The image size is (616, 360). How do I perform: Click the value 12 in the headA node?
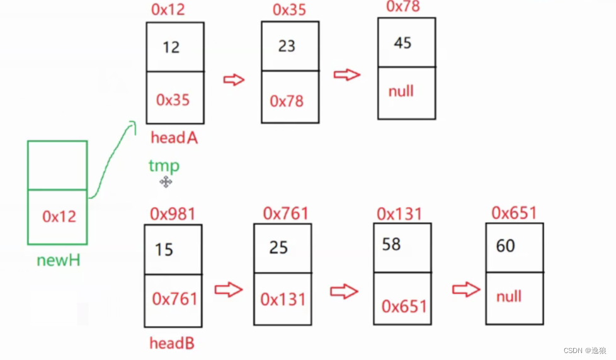(x=171, y=47)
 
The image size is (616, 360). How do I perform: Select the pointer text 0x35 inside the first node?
(x=173, y=99)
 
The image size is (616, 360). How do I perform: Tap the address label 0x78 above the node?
(x=402, y=6)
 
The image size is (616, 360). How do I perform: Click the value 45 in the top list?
(x=402, y=43)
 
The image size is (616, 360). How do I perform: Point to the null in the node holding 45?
(x=401, y=91)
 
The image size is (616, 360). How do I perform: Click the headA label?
(x=174, y=137)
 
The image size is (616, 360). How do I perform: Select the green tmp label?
(x=164, y=166)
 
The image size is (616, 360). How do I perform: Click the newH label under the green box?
(x=59, y=260)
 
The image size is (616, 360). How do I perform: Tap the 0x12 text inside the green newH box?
(x=59, y=217)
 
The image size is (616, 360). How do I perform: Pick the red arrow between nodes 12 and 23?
(x=234, y=80)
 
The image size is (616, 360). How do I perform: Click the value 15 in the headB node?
(x=164, y=250)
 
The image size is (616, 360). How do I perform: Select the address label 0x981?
(x=173, y=213)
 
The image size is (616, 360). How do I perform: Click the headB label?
(x=171, y=343)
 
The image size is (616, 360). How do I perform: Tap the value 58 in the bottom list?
(x=391, y=244)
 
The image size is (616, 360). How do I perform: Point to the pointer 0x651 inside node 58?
(x=404, y=307)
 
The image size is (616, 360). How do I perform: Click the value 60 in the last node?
(x=506, y=246)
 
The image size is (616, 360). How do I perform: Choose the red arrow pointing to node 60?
(x=466, y=290)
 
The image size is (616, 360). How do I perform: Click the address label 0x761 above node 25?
(x=285, y=213)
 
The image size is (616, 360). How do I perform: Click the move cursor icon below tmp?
(x=166, y=182)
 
